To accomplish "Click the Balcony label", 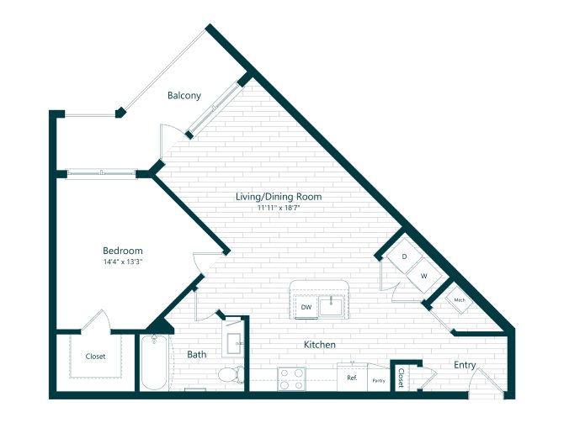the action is pyautogui.click(x=184, y=96).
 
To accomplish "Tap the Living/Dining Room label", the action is pyautogui.click(x=279, y=197).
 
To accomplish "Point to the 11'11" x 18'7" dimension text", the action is pyautogui.click(x=279, y=208).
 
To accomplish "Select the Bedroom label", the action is pyautogui.click(x=123, y=251).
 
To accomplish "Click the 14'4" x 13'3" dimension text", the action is pyautogui.click(x=124, y=262).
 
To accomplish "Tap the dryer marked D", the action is pyautogui.click(x=404, y=256).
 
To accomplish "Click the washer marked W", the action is pyautogui.click(x=423, y=276).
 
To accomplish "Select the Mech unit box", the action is pyautogui.click(x=460, y=300).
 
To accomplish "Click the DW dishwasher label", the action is pyautogui.click(x=306, y=307).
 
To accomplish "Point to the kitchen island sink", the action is pyautogui.click(x=331, y=306).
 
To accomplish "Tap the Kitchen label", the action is pyautogui.click(x=320, y=345).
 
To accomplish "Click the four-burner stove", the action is pyautogui.click(x=291, y=379).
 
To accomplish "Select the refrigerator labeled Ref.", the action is pyautogui.click(x=352, y=378).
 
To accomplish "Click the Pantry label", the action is pyautogui.click(x=379, y=381).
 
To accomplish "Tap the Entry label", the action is pyautogui.click(x=465, y=365).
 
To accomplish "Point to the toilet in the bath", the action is pyautogui.click(x=231, y=374).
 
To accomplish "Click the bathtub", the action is pyautogui.click(x=154, y=362).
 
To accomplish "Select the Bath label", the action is pyautogui.click(x=197, y=355).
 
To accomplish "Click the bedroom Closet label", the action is pyautogui.click(x=95, y=357).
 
